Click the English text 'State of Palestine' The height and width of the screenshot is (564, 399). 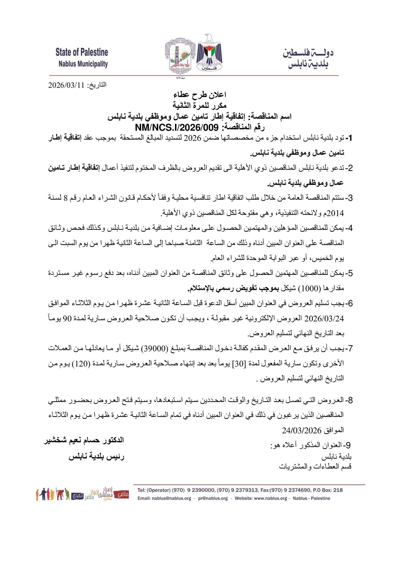click(x=82, y=52)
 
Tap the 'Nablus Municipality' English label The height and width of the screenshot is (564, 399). click(x=83, y=64)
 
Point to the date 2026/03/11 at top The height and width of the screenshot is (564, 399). click(x=66, y=85)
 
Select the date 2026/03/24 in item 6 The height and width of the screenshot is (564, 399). click(x=324, y=319)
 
